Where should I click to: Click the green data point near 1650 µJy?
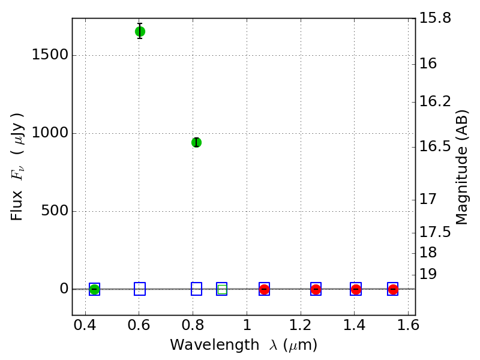pyautogui.click(x=140, y=31)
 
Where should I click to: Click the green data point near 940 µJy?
pyautogui.click(x=196, y=142)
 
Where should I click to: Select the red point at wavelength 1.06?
pyautogui.click(x=264, y=289)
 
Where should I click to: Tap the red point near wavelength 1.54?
pyautogui.click(x=393, y=289)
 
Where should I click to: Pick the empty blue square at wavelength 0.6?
pyautogui.click(x=140, y=289)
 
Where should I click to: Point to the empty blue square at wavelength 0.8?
pyautogui.click(x=196, y=289)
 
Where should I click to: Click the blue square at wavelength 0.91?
pyautogui.click(x=222, y=289)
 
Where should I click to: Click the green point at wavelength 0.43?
pyautogui.click(x=94, y=289)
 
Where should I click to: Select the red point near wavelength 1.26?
pyautogui.click(x=316, y=289)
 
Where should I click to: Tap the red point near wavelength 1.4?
pyautogui.click(x=356, y=289)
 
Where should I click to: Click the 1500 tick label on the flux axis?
pyautogui.click(x=50, y=56)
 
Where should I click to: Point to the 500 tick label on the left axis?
pyautogui.click(x=55, y=211)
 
